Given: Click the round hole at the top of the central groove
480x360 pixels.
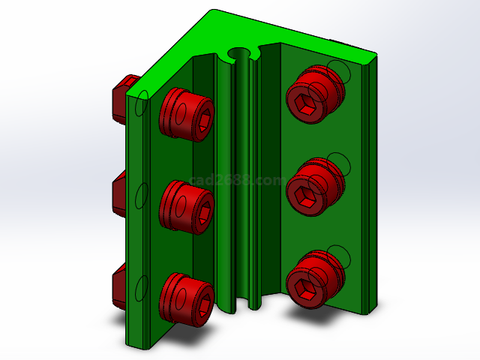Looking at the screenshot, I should tap(240, 55).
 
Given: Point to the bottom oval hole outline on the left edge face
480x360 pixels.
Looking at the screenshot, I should tap(139, 288).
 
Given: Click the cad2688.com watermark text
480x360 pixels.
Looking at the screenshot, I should tap(237, 181).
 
